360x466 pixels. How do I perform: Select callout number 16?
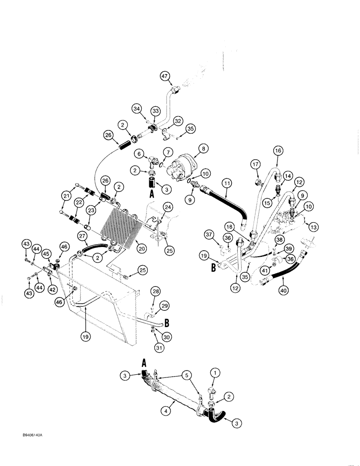pos(278,151)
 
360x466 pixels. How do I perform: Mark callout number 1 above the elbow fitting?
pos(215,373)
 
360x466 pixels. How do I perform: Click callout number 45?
pos(47,254)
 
